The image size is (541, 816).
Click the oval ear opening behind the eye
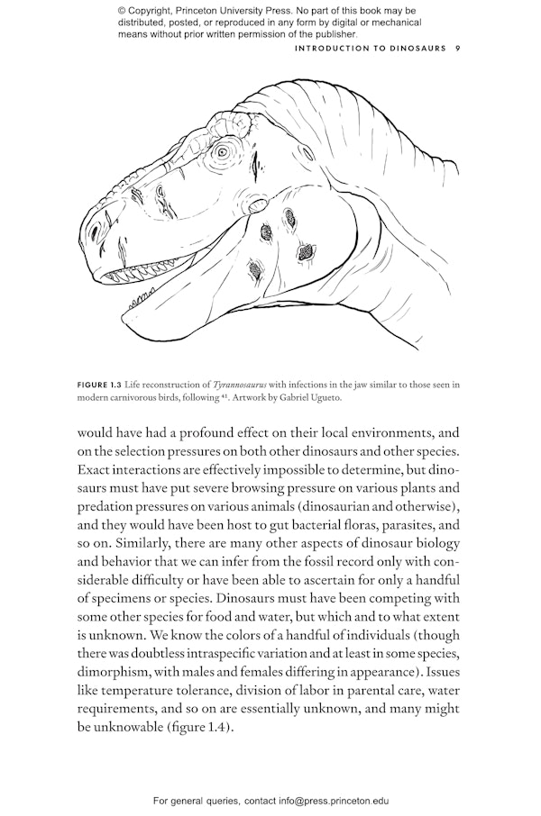pos(258,203)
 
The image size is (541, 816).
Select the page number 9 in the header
pos(458,49)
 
